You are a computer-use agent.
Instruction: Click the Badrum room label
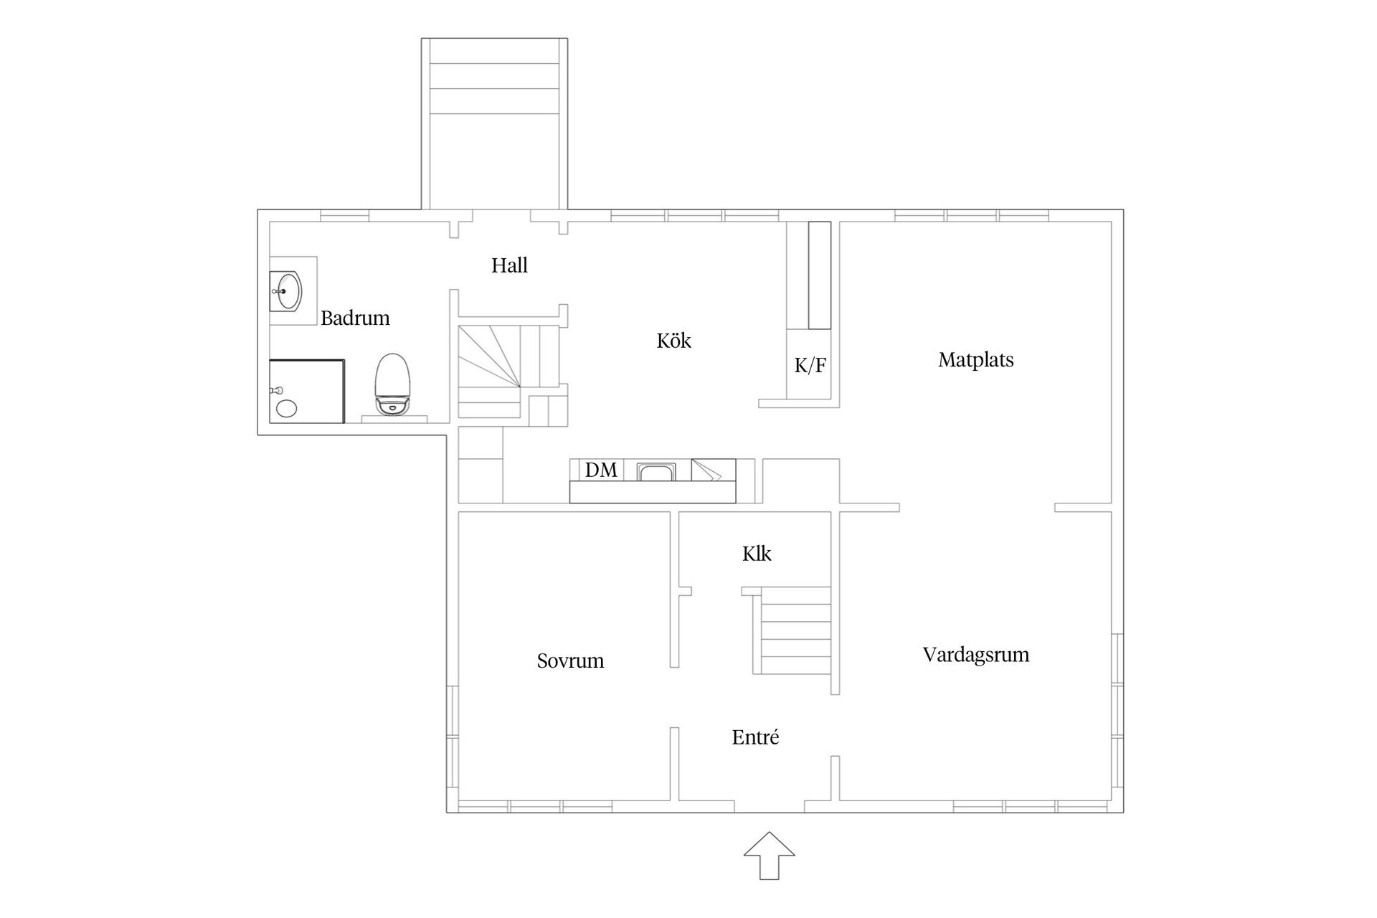[x=355, y=318]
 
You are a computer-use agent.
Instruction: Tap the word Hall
[x=509, y=266]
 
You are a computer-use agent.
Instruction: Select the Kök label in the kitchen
[x=673, y=341]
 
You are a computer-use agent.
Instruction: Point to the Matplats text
[x=975, y=360]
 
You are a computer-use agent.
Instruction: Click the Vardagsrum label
[x=975, y=655]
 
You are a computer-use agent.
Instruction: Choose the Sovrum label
[x=570, y=661]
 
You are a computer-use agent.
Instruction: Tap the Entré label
[x=755, y=737]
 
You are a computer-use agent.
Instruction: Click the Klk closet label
[x=757, y=554]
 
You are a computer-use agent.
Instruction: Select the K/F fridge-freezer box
[x=810, y=365]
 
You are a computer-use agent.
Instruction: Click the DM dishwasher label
[x=600, y=470]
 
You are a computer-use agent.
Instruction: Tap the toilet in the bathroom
[x=393, y=384]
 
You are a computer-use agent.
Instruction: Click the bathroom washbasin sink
[x=286, y=291]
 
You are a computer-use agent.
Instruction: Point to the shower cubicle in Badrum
[x=307, y=392]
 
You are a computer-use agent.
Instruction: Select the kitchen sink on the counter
[x=657, y=471]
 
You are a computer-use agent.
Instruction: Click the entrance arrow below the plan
[x=769, y=855]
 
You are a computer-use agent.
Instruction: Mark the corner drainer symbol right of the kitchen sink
[x=713, y=470]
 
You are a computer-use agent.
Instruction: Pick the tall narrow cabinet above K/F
[x=819, y=275]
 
